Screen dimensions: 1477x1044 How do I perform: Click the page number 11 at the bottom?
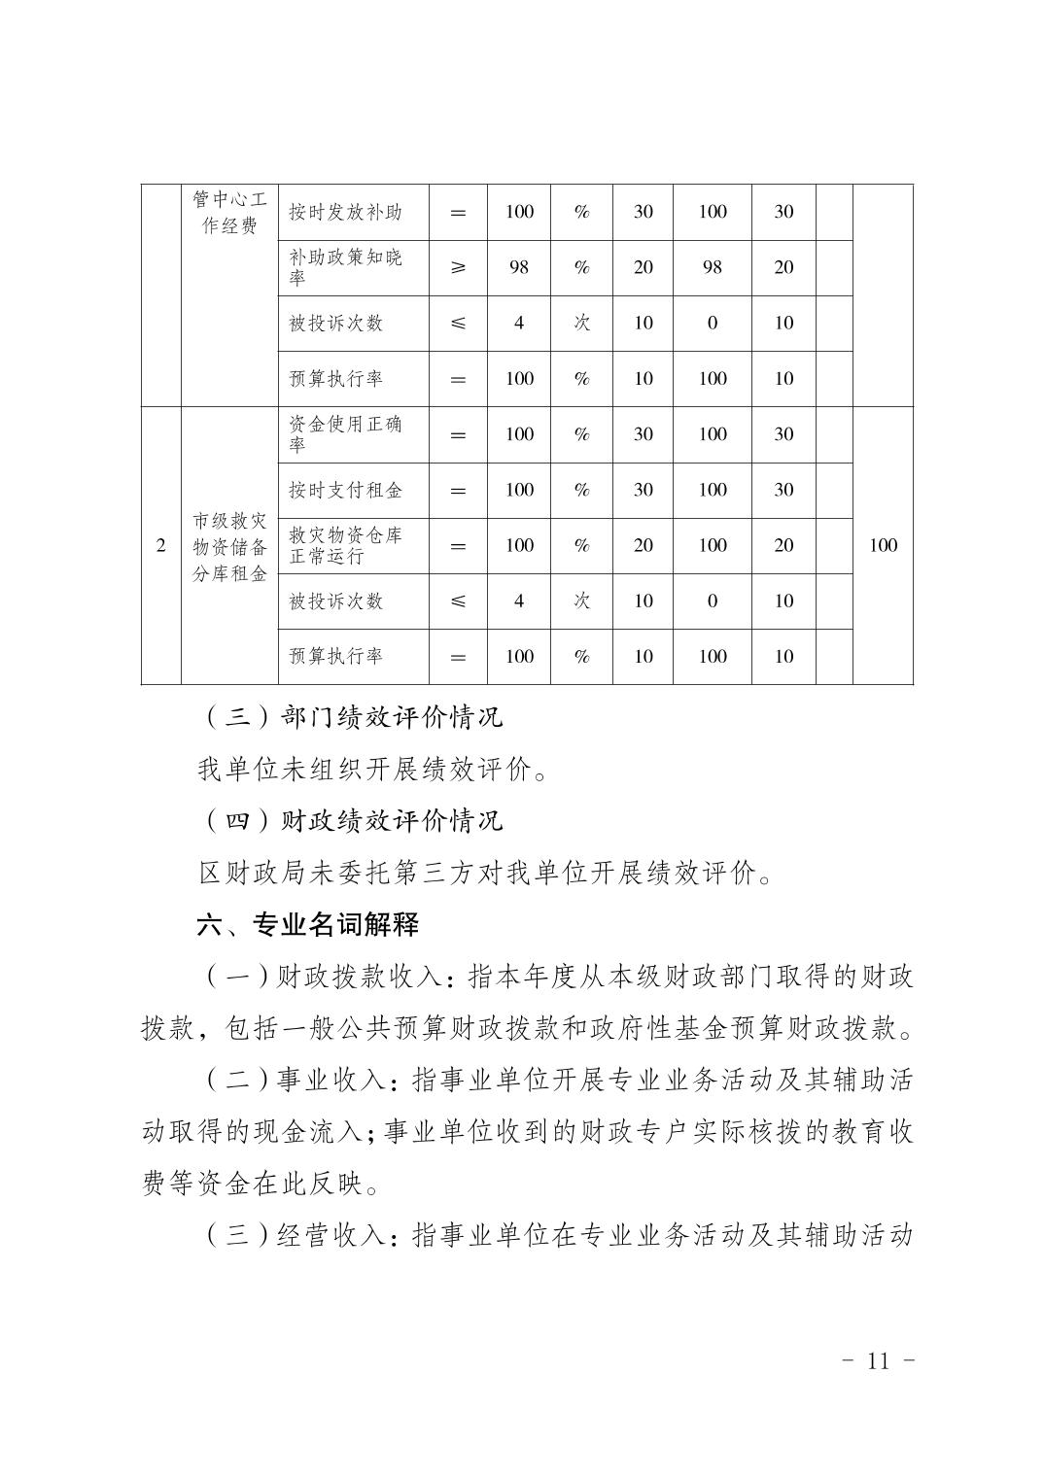tap(877, 1359)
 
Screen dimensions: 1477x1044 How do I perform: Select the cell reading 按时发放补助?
tap(345, 212)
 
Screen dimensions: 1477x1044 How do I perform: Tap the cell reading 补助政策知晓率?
tap(345, 267)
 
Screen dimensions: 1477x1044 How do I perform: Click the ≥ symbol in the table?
tap(458, 267)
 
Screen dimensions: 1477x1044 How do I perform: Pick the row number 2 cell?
tap(161, 545)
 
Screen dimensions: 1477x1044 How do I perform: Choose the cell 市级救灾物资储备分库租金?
tap(229, 546)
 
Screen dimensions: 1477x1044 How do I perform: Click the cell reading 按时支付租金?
tap(345, 490)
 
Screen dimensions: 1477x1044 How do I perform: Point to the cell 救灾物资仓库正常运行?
tap(345, 545)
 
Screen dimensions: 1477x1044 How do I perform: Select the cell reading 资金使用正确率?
tap(345, 434)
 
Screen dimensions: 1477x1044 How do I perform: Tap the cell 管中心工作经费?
tap(229, 213)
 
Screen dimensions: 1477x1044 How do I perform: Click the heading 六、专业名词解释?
tap(308, 925)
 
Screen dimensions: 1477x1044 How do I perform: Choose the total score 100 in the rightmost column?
tap(883, 545)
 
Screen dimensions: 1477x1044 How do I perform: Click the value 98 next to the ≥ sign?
tap(518, 267)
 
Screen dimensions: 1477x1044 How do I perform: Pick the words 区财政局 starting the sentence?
tap(240, 874)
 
